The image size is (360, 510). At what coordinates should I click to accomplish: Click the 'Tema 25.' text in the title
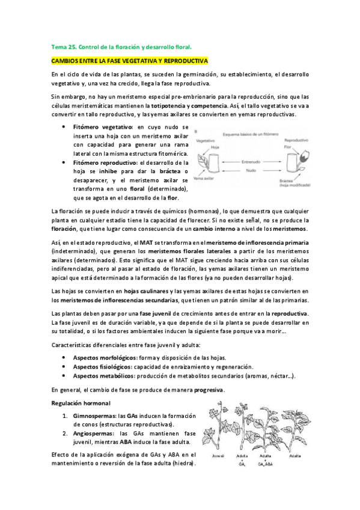point(61,46)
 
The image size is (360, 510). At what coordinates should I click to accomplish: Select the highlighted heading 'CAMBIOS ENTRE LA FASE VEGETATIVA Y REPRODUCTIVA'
point(129,61)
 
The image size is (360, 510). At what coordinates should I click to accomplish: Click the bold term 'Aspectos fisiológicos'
point(103,366)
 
